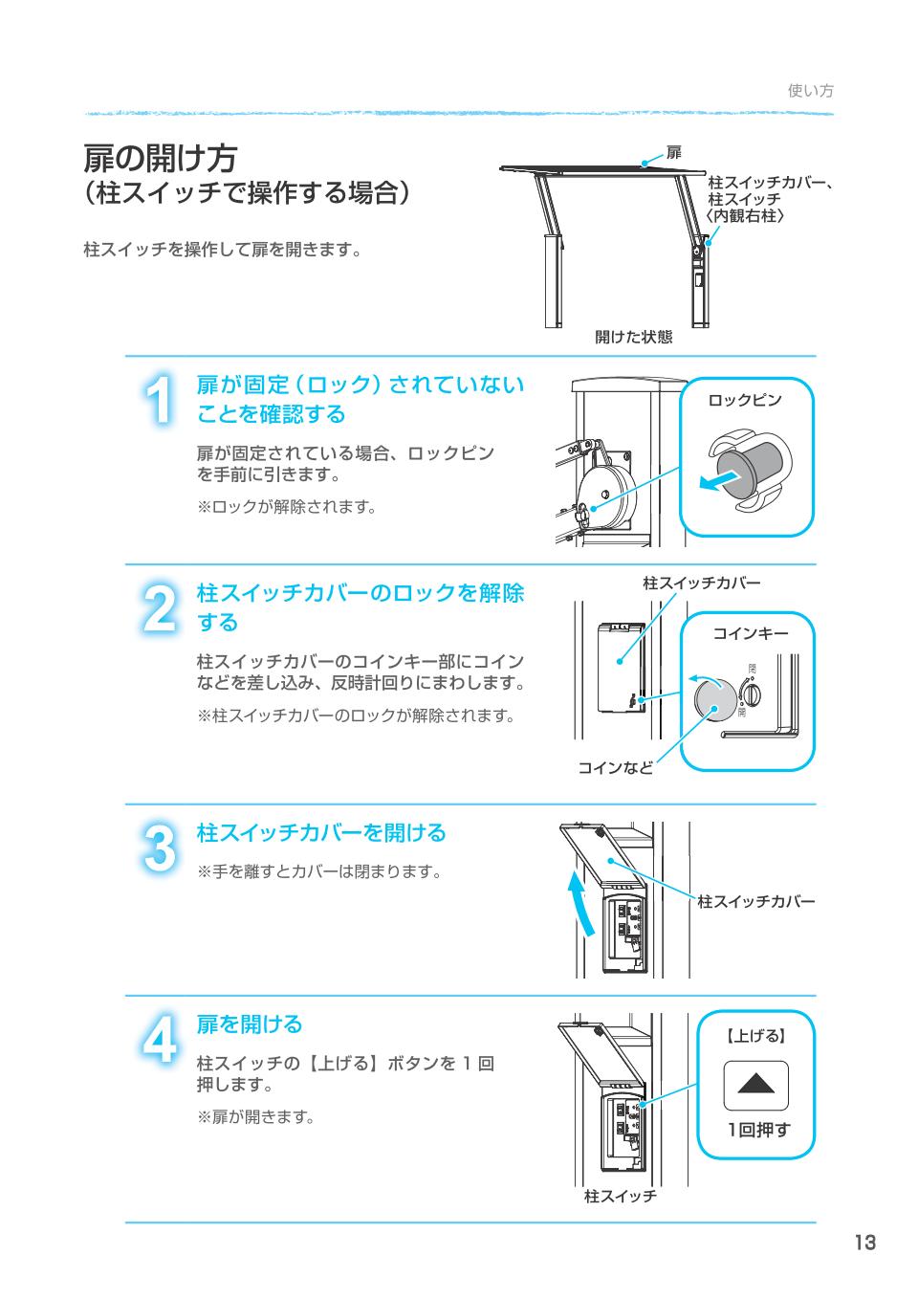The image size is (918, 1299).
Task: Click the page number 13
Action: pos(864,1243)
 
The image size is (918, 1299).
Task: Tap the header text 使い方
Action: pos(810,91)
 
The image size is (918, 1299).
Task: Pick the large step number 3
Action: pos(161,848)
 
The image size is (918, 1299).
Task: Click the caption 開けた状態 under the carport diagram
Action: pos(633,337)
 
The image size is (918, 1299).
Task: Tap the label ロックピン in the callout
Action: pos(744,400)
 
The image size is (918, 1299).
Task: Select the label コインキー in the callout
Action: pos(751,633)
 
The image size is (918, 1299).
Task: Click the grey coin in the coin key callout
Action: pos(713,696)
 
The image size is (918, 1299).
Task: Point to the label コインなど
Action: pos(615,767)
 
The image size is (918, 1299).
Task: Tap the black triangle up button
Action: pos(755,1086)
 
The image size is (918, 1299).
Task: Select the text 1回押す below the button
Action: pos(758,1130)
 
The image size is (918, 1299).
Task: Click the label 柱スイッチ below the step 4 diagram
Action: pos(620,1197)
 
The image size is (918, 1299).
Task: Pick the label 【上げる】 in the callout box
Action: pos(755,1035)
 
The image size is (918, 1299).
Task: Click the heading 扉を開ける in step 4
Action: pos(250,1024)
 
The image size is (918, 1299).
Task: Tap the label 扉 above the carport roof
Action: pos(674,153)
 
